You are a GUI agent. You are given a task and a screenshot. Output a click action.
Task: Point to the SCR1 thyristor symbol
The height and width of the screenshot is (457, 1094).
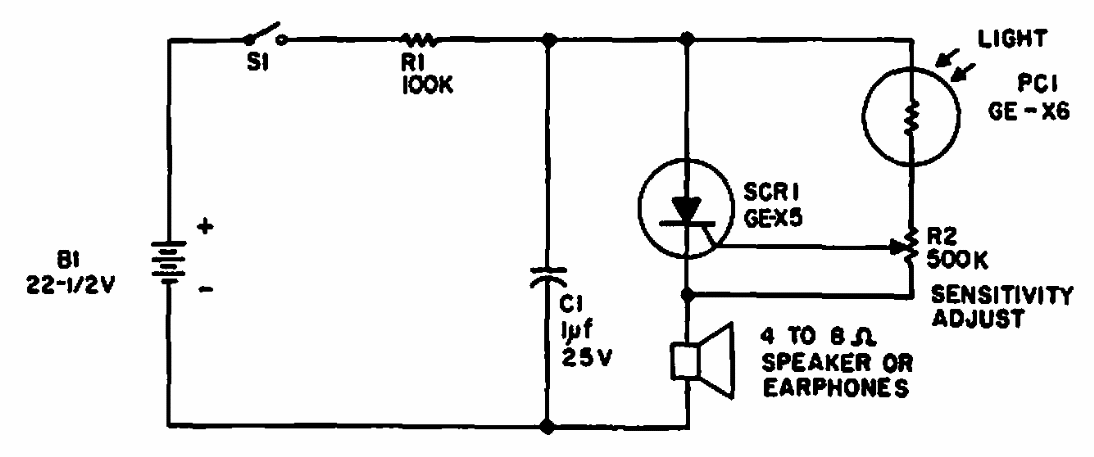[x=687, y=210]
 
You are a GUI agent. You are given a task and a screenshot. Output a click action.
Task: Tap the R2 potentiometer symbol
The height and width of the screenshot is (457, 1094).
[x=909, y=246]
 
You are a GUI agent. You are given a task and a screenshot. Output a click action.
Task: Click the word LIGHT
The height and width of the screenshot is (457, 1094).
[x=1010, y=39]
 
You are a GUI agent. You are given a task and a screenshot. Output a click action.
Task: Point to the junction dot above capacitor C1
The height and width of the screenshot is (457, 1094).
[x=548, y=40]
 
